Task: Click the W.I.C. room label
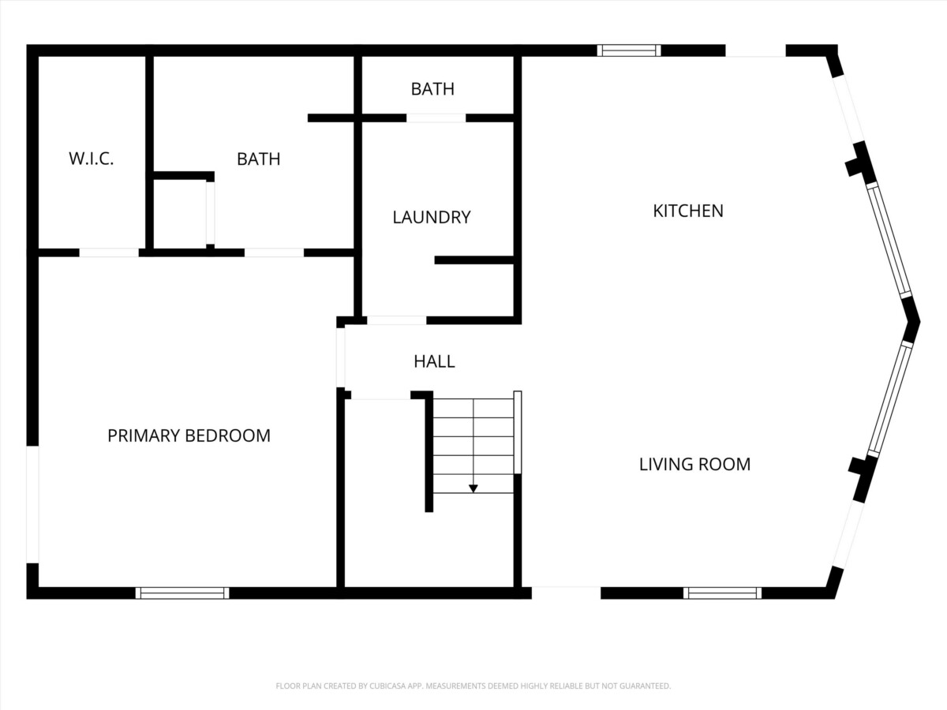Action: [x=91, y=159]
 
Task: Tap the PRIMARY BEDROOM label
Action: [x=189, y=435]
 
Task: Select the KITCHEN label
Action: [x=688, y=211]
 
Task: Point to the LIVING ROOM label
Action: [x=694, y=465]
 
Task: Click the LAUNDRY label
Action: [x=432, y=217]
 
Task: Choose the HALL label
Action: [x=434, y=361]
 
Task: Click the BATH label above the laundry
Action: [x=432, y=89]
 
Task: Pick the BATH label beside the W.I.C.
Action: [x=258, y=159]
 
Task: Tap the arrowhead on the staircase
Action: [x=473, y=488]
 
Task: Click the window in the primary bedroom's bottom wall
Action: [x=182, y=592]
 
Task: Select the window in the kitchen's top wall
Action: [x=629, y=50]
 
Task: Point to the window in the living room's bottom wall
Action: [x=722, y=592]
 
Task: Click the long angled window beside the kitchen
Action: [x=889, y=240]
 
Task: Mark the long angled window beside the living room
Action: [x=890, y=399]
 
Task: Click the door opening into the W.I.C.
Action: [x=109, y=252]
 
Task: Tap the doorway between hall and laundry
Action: [x=396, y=320]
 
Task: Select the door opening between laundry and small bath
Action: [x=436, y=118]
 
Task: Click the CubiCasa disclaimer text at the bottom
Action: [x=473, y=686]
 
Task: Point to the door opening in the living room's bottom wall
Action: [x=566, y=592]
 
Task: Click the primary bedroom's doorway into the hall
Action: [x=340, y=357]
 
